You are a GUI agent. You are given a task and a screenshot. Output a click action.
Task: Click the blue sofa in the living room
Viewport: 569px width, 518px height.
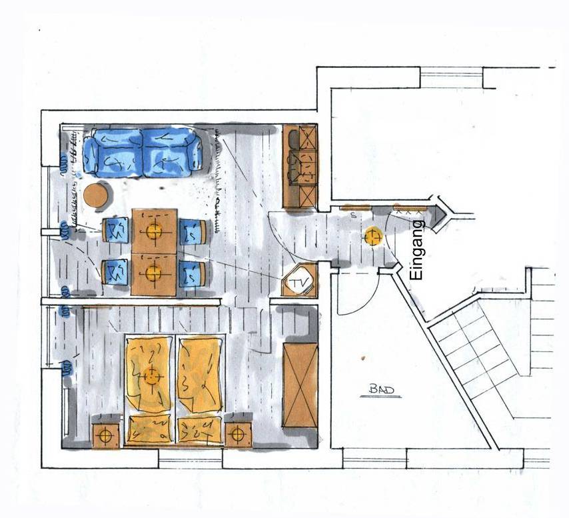point(144,153)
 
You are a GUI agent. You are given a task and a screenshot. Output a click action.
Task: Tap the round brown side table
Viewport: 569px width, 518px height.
point(97,195)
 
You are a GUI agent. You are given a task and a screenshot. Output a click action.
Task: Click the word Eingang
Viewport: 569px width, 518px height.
point(418,249)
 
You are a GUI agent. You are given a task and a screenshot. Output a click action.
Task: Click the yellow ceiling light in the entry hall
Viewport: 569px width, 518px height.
point(372,237)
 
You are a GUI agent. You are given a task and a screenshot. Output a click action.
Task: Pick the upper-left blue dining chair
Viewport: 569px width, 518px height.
point(116,231)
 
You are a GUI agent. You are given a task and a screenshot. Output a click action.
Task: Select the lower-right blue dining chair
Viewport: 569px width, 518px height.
point(193,273)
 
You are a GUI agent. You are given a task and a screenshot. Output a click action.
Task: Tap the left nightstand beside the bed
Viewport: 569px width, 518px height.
point(105,435)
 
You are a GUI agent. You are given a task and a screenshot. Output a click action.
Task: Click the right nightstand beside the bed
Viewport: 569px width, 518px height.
point(237,435)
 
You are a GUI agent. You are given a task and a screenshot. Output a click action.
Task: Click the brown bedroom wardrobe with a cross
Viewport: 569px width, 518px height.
point(300,385)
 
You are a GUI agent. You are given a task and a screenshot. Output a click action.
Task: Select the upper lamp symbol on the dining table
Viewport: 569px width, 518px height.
point(154,231)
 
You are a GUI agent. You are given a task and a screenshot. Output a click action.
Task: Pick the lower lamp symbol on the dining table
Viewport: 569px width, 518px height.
point(154,272)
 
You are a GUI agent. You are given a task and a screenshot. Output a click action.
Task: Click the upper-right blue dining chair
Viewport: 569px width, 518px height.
point(193,231)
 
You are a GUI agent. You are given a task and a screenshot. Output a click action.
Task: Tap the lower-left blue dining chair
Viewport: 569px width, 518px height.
point(116,272)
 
